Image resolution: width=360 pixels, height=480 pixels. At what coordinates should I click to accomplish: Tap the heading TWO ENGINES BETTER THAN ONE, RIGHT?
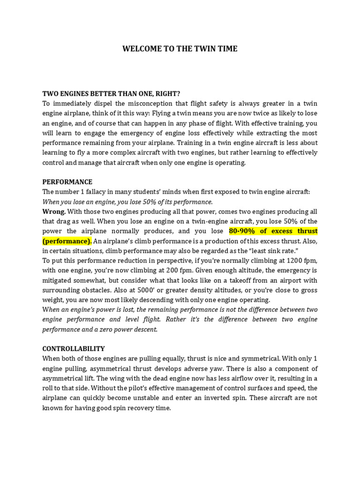tap(111, 93)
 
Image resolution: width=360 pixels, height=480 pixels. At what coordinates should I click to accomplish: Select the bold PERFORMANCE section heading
tap(67, 182)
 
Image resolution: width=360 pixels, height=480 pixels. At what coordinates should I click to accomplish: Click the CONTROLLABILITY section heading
tap(74, 349)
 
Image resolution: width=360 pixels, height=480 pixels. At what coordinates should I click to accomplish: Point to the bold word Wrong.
tap(54, 211)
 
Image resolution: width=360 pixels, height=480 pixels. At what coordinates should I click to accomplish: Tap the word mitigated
tap(58, 280)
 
